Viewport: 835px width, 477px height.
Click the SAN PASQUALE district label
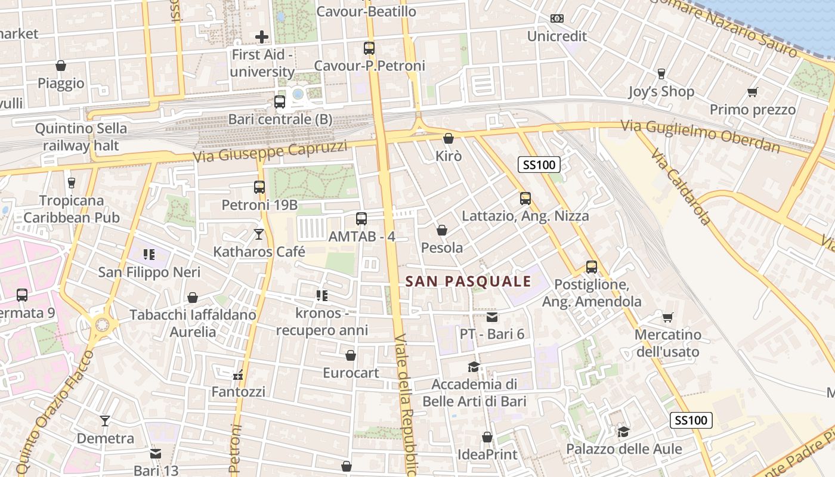tap(468, 281)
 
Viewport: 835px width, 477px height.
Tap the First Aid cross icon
tap(261, 37)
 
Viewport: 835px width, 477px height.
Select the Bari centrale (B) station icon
tap(280, 102)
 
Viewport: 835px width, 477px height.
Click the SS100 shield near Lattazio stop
tap(538, 165)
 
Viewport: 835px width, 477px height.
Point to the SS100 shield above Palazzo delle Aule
tap(691, 420)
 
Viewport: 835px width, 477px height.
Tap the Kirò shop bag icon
tap(449, 139)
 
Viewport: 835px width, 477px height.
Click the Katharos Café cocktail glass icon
tap(259, 234)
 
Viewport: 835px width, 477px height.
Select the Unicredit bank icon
tap(556, 19)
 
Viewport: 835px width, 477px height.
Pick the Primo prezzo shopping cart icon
tap(752, 92)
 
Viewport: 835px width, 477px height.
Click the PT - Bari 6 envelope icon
tap(491, 317)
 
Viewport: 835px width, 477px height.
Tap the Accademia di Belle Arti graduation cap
tap(474, 367)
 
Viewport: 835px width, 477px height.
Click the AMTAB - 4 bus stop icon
tap(361, 219)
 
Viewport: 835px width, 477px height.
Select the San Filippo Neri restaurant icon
tap(149, 255)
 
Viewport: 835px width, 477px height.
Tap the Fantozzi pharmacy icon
tap(238, 376)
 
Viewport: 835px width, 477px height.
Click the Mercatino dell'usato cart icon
tap(667, 317)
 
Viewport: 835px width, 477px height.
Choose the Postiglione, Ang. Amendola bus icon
tap(591, 267)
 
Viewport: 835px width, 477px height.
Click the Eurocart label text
tap(351, 373)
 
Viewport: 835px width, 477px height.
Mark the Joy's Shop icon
tap(661, 74)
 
